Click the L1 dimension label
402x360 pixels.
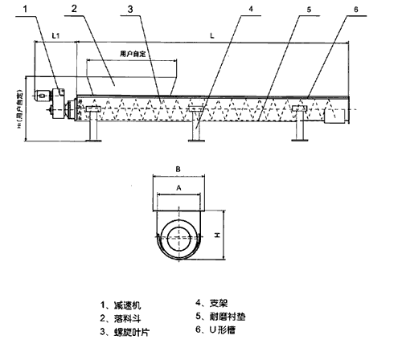point(55,36)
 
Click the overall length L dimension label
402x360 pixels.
point(211,35)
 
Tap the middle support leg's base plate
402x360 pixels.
point(197,141)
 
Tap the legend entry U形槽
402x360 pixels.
point(225,330)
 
